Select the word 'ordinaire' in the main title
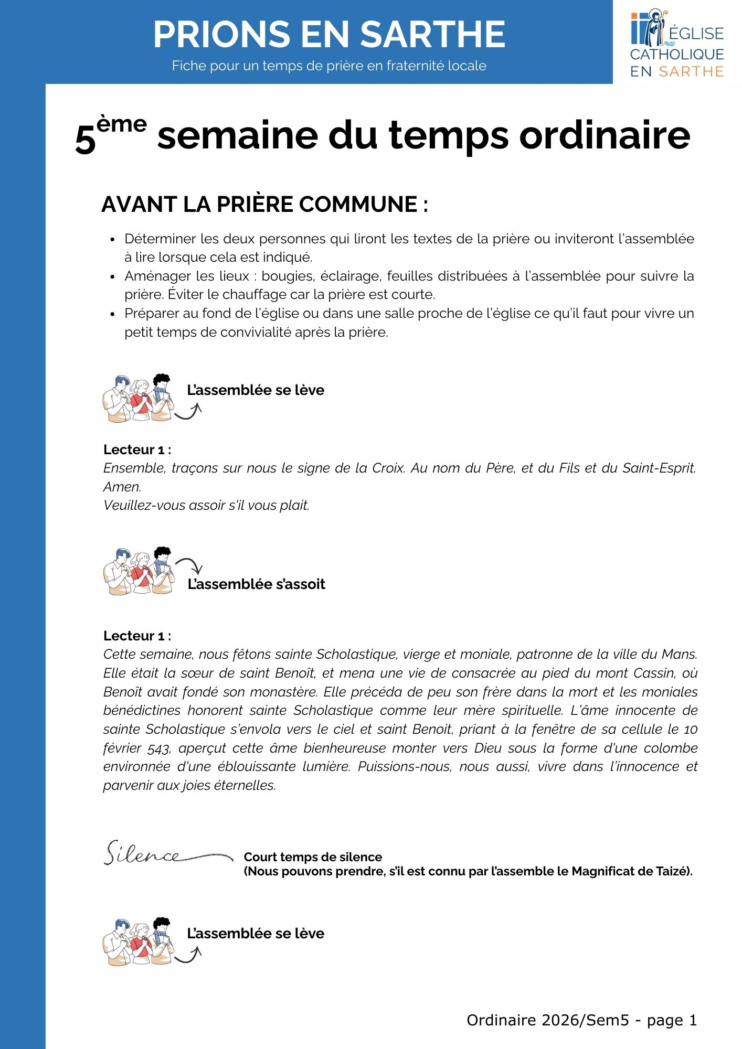coord(605,136)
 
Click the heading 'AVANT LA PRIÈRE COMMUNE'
coord(264,205)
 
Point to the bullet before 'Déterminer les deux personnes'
coord(112,240)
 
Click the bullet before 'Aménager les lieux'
coord(112,277)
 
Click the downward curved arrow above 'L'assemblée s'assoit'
coord(190,565)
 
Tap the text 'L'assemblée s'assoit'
coord(256,584)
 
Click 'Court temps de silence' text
coord(313,857)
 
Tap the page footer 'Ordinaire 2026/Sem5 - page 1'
coord(581,1020)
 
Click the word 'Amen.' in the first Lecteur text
coord(122,487)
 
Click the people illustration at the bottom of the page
coord(137,942)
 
